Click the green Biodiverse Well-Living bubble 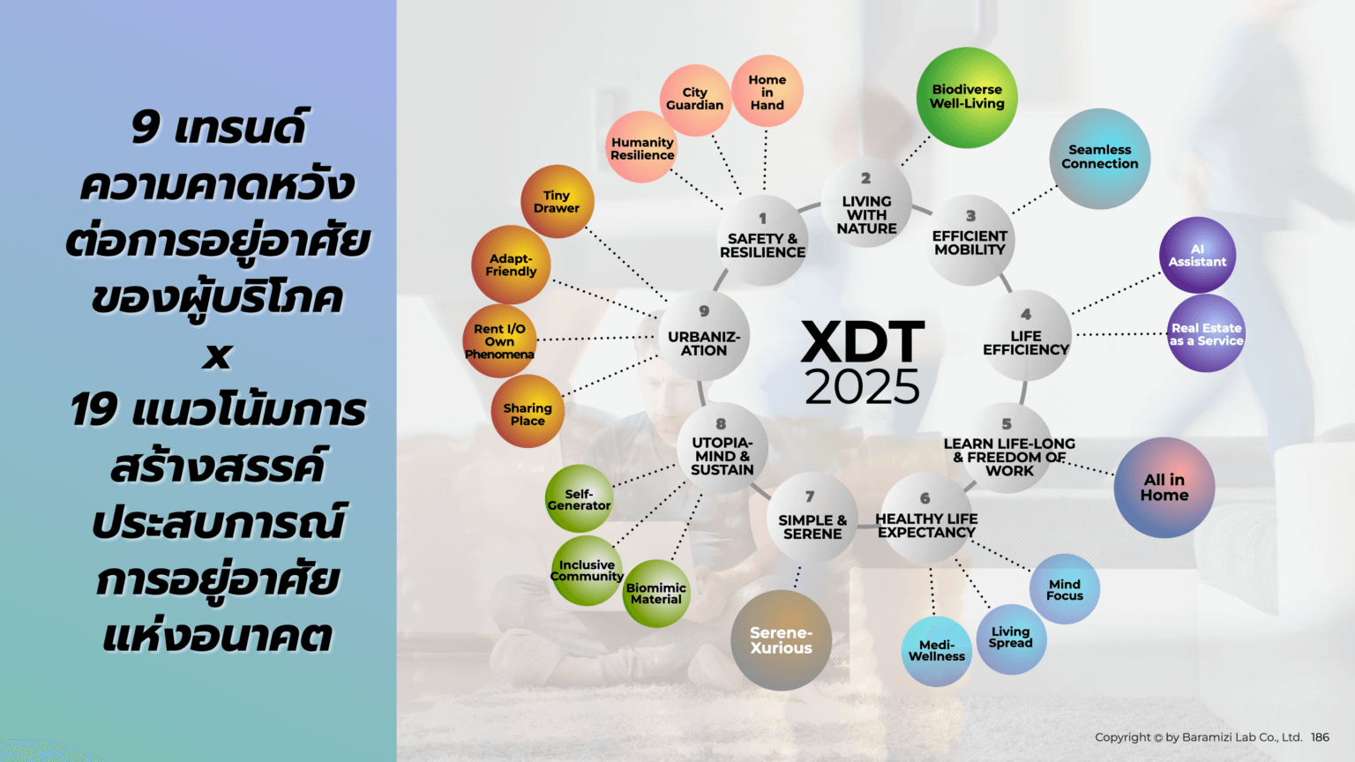click(967, 97)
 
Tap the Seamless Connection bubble click(1099, 158)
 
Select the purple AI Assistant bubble click(1197, 255)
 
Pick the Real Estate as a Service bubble click(1206, 333)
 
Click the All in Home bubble click(1164, 487)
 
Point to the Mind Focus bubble click(1065, 589)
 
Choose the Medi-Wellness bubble click(936, 651)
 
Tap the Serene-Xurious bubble click(781, 640)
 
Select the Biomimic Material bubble click(655, 594)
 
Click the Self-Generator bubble click(579, 499)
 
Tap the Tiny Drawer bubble click(557, 202)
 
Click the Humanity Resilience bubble click(642, 148)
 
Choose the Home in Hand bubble click(767, 92)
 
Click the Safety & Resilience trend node click(762, 241)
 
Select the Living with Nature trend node click(866, 208)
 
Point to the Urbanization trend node click(704, 337)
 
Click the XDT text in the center click(863, 342)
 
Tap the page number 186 click(1320, 737)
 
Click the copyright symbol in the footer click(1158, 738)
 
